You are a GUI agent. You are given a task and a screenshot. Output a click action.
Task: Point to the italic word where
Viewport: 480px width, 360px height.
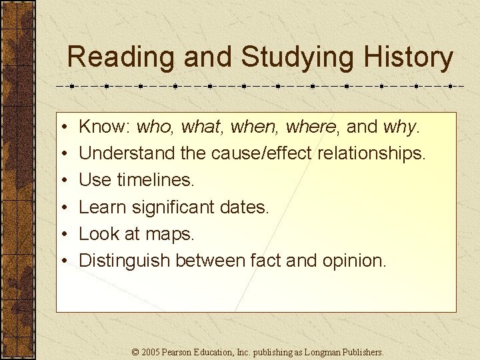click(x=313, y=127)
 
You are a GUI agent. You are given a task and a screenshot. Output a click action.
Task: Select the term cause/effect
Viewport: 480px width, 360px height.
click(x=262, y=153)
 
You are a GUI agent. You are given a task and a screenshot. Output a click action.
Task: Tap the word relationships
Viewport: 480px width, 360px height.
click(x=371, y=153)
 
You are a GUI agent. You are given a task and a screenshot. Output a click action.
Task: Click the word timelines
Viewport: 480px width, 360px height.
click(x=155, y=180)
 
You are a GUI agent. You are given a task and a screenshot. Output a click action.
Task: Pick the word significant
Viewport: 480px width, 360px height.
click(x=170, y=207)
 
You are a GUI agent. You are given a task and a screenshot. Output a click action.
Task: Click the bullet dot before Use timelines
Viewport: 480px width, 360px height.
click(x=61, y=181)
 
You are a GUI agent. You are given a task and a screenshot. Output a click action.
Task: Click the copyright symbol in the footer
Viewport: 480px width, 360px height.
click(x=136, y=351)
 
